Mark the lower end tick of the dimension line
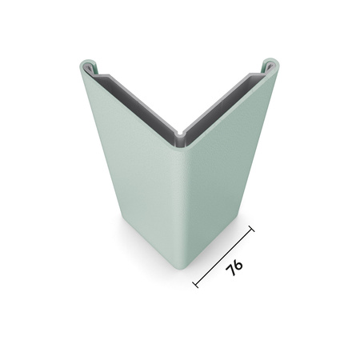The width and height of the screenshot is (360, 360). click(x=196, y=282)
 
